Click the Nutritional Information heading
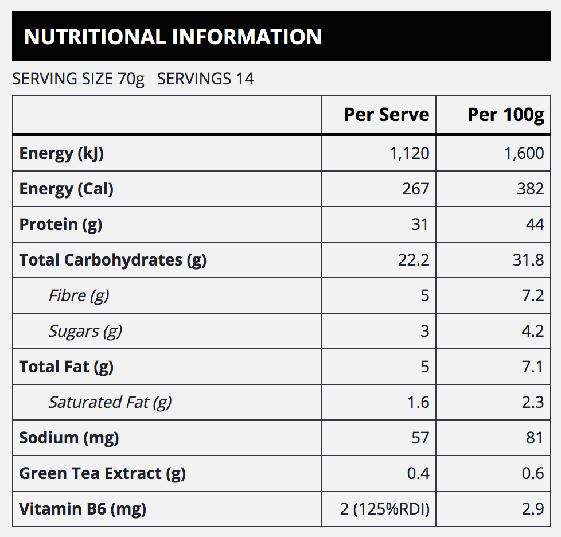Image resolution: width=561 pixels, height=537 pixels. coord(173,37)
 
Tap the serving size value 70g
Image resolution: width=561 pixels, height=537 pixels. coord(131,79)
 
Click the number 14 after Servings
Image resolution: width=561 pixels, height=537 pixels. coord(244,79)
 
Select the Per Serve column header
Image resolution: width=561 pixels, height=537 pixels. coord(387,115)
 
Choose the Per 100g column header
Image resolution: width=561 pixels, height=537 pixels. coord(506,115)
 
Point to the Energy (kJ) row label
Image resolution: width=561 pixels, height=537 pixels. coord(61,154)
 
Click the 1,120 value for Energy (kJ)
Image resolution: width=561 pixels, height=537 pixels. coord(410,154)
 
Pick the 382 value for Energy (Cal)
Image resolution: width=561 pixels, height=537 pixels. coord(530,189)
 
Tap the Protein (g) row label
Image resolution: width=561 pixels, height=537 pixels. coord(61,225)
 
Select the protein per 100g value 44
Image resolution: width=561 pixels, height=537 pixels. coord(535,224)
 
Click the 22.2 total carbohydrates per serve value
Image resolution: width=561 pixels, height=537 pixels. coord(414,260)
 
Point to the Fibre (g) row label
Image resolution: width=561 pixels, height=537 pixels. coord(79,296)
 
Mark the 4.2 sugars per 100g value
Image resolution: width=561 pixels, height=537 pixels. coord(533,331)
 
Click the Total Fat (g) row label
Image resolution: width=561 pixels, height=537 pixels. coord(67,367)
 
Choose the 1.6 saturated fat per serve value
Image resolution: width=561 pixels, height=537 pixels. coord(418,403)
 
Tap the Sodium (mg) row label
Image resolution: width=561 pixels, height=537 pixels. coord(69,438)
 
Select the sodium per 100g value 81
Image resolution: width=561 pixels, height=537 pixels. coord(535,438)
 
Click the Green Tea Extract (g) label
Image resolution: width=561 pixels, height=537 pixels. coord(103,474)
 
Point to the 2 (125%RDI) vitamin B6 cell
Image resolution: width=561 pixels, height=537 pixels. coord(385,509)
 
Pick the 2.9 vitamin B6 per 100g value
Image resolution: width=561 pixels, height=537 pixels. coord(533,509)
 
